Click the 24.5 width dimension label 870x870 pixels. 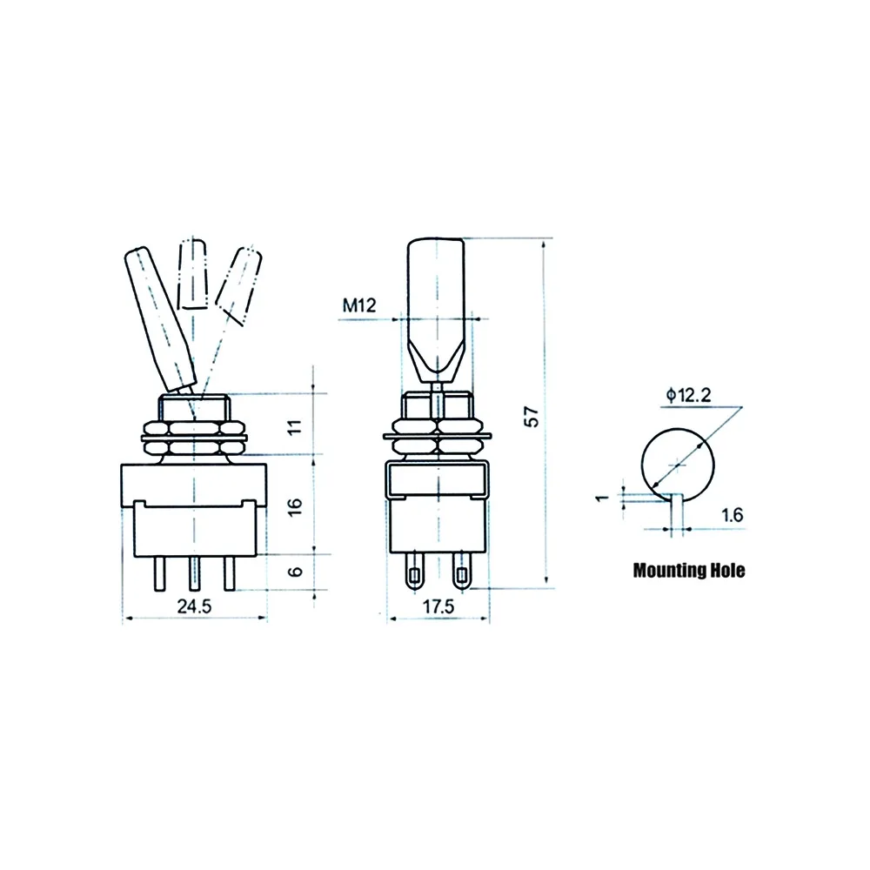point(194,606)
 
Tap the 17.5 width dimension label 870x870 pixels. point(438,606)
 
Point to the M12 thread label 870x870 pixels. point(359,305)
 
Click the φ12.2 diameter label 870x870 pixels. point(688,395)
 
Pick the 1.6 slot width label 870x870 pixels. point(732,515)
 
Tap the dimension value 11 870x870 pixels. point(295,426)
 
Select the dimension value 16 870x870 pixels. point(295,506)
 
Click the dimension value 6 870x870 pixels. point(296,571)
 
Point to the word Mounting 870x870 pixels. point(669,571)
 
